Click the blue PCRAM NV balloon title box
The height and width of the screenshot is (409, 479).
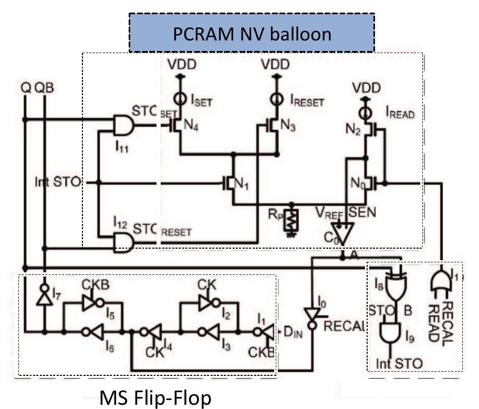click(x=252, y=33)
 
